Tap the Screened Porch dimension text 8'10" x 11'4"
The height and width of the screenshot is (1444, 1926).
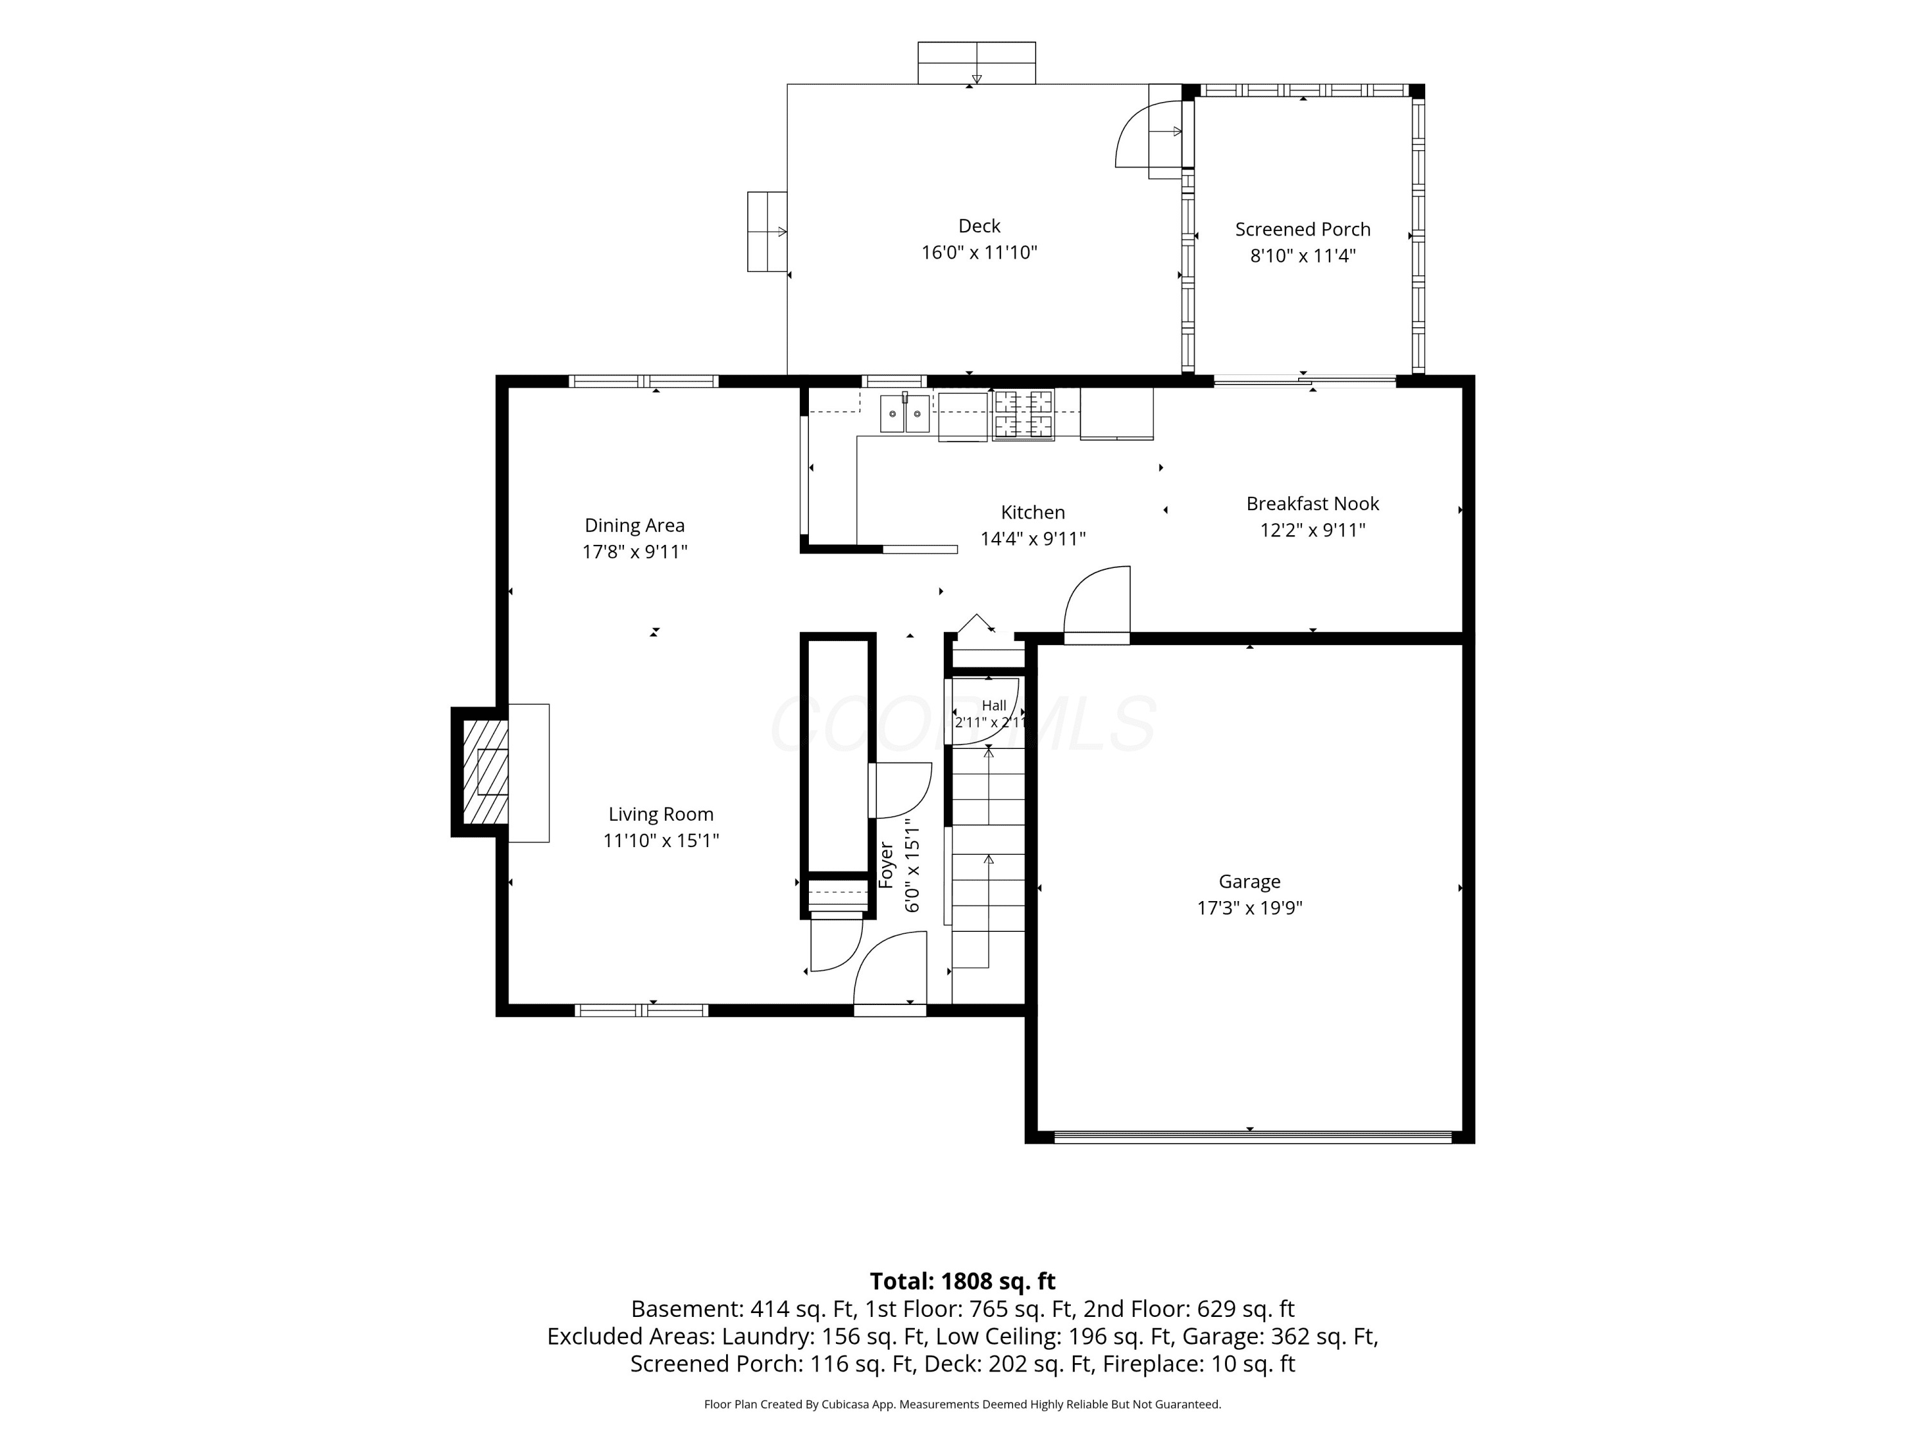[x=1303, y=256]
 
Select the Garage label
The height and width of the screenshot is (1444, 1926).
[x=1249, y=882]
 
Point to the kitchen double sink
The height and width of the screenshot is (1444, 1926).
[x=905, y=413]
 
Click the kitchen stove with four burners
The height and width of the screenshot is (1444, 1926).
[x=1023, y=415]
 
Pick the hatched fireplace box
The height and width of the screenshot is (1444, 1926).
[x=485, y=772]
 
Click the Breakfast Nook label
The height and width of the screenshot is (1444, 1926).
[x=1312, y=504]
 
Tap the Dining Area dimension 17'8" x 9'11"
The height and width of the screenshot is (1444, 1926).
[x=635, y=552]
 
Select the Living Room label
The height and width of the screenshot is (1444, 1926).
[x=661, y=814]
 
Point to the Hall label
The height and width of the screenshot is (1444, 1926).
[x=993, y=706]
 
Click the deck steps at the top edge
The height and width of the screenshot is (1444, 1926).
[x=976, y=63]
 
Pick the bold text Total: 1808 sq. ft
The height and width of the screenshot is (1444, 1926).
[x=962, y=1281]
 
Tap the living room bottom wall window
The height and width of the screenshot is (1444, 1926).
[x=641, y=1011]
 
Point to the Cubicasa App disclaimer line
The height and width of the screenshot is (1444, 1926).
[x=962, y=1404]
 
